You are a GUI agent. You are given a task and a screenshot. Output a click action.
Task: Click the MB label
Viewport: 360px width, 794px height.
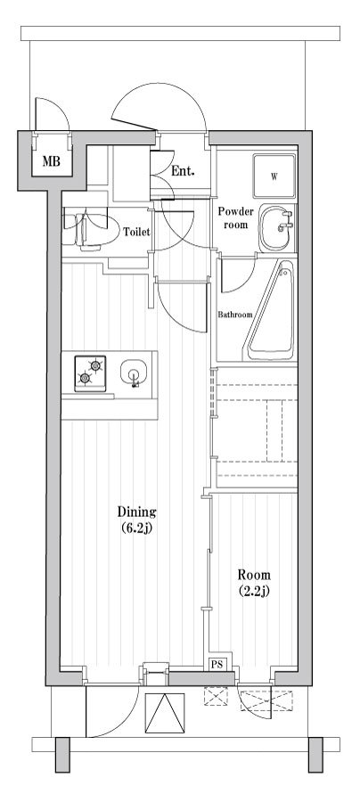[51, 162]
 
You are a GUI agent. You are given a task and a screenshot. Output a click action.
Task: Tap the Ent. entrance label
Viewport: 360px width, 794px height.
[183, 171]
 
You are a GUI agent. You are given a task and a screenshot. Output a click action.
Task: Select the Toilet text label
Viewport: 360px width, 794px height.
[136, 233]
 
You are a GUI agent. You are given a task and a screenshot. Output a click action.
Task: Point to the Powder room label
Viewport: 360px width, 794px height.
[233, 217]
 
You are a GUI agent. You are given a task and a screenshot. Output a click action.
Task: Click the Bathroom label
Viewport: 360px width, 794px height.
[235, 315]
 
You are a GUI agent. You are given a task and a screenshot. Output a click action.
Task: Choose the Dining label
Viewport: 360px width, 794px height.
[136, 512]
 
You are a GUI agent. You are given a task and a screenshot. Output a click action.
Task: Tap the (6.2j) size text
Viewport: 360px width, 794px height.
[136, 528]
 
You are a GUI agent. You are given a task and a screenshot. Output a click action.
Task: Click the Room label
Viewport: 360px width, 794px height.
[254, 575]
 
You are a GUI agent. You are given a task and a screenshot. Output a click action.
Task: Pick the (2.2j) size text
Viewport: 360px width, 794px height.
[254, 591]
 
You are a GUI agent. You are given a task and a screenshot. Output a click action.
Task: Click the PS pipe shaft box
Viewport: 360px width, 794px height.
[217, 666]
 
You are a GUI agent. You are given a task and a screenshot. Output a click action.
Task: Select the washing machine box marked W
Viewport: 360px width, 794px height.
[274, 176]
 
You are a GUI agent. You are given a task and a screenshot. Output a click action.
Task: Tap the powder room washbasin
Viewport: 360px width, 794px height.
[278, 227]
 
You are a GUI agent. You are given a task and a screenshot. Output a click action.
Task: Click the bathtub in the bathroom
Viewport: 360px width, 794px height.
[270, 310]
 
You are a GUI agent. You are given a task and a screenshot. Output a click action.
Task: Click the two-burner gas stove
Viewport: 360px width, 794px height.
[90, 373]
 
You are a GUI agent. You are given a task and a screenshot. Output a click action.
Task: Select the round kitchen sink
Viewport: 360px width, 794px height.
[134, 373]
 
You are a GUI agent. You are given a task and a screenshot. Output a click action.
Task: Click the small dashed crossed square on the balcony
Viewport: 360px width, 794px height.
[216, 696]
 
